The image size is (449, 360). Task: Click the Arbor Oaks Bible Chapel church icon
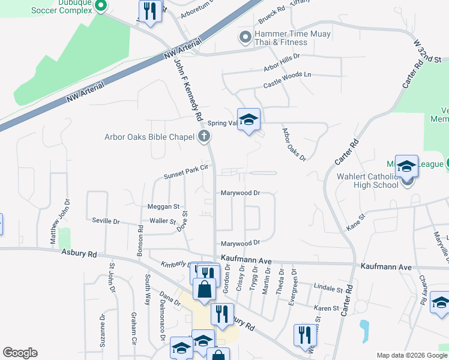coord(204,137)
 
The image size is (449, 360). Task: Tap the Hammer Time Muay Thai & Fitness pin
coord(245,38)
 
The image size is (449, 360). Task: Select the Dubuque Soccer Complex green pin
coord(101,7)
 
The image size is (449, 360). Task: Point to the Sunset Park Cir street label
coord(186,172)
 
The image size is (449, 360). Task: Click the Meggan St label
coord(163,206)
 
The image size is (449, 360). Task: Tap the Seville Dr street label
coord(106,221)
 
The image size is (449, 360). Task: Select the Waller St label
coord(163,221)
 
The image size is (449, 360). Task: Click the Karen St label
coord(327,308)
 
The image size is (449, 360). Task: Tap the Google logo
coord(20,353)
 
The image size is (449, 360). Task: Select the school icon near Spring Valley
coord(249,121)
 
